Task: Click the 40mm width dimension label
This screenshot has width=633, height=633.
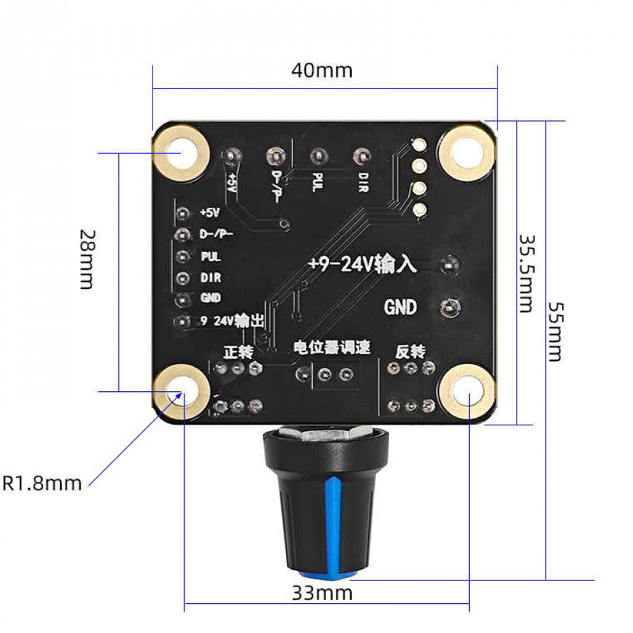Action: pyautogui.click(x=322, y=69)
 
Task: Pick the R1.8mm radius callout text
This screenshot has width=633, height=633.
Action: pyautogui.click(x=42, y=484)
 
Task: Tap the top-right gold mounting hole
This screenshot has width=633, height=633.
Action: pyautogui.click(x=467, y=151)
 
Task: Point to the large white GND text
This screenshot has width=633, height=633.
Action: pyautogui.click(x=401, y=308)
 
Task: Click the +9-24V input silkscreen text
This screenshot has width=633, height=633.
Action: pyautogui.click(x=362, y=264)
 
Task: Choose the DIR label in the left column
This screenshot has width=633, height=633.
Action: pyautogui.click(x=210, y=277)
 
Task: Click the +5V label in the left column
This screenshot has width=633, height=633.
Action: pyautogui.click(x=209, y=213)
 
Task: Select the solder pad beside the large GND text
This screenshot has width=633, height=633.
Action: pyautogui.click(x=449, y=308)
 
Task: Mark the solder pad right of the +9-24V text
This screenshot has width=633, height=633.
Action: pyautogui.click(x=449, y=264)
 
